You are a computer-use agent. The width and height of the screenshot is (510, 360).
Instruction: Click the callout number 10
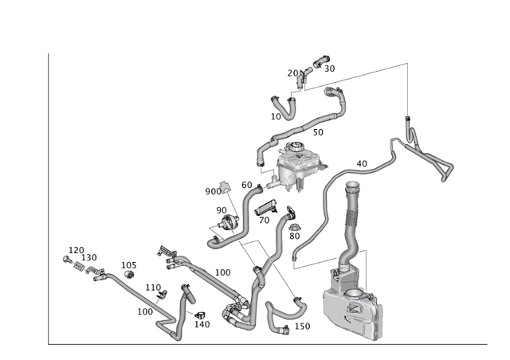(276, 116)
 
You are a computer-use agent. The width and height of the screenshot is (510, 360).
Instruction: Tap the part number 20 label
(292, 73)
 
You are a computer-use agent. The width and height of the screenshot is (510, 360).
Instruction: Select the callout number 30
(329, 68)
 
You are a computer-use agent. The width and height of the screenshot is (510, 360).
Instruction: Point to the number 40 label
(362, 164)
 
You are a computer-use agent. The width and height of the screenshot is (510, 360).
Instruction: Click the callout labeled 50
(318, 132)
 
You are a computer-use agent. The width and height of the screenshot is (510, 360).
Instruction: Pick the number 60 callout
(247, 185)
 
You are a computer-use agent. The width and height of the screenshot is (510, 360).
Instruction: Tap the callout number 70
(264, 220)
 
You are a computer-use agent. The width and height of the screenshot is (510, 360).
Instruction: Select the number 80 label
(295, 236)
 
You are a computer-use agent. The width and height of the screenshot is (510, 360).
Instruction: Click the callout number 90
(222, 210)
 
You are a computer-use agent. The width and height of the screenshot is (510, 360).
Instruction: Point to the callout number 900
(214, 191)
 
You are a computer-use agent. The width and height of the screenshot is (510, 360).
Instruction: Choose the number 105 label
(129, 265)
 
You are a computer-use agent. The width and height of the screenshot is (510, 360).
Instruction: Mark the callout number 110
(153, 288)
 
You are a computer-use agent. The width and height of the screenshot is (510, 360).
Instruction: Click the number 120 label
(76, 250)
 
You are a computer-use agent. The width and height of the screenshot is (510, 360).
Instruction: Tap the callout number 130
(89, 258)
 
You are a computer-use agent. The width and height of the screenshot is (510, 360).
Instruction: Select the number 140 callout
(202, 324)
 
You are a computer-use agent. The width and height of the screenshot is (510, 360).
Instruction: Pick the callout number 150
(303, 327)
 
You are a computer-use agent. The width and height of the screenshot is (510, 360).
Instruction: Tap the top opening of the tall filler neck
(351, 188)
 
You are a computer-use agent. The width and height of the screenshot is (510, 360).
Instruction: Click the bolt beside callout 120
(64, 260)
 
